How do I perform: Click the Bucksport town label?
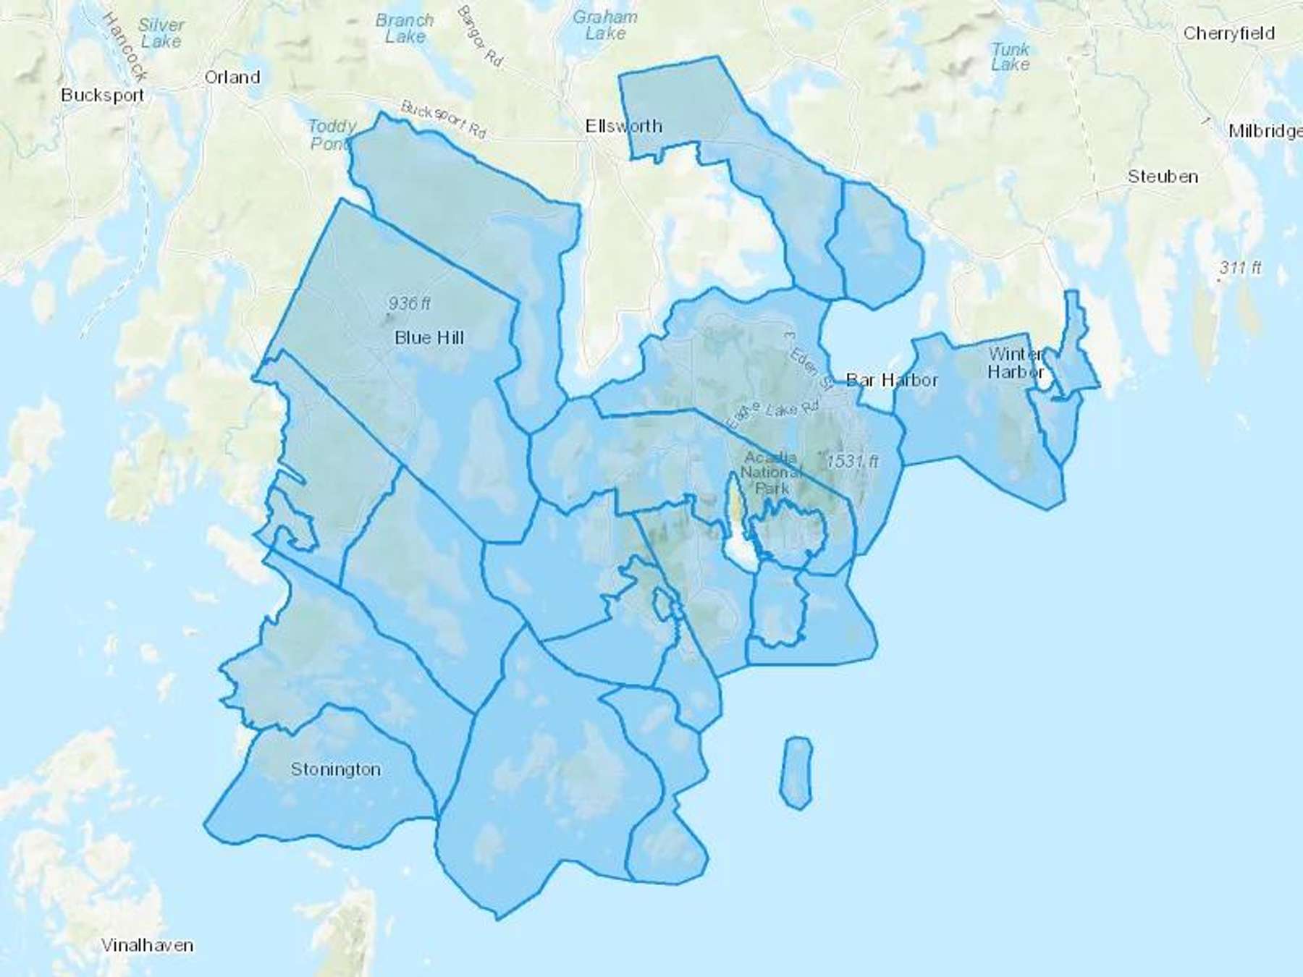click(103, 96)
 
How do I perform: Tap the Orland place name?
click(232, 77)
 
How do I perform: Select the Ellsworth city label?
click(623, 127)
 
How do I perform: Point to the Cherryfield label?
click(1228, 33)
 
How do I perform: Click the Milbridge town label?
click(1265, 131)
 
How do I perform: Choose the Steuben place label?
click(1163, 177)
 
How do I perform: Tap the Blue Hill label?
click(429, 338)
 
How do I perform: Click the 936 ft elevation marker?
click(409, 304)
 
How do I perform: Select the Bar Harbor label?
click(892, 380)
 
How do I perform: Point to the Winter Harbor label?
click(1016, 363)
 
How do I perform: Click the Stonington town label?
click(335, 769)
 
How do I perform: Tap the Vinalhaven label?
click(147, 945)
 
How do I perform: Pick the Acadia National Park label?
click(771, 473)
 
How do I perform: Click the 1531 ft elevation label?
click(852, 461)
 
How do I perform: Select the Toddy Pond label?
click(332, 135)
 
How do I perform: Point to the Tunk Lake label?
click(1010, 57)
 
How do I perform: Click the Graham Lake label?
click(605, 25)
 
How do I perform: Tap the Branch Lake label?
click(405, 29)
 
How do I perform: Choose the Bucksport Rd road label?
click(443, 120)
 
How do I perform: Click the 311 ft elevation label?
click(1240, 268)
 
